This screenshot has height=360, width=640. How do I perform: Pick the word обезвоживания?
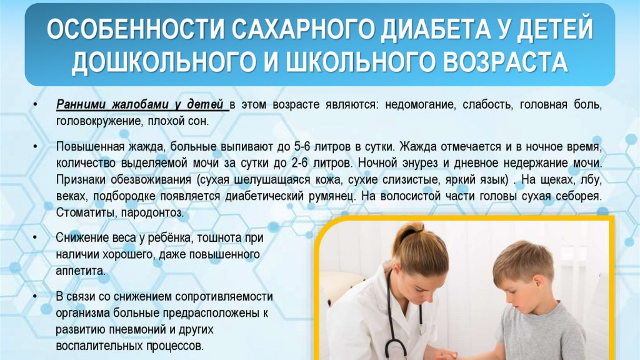pos(151,180)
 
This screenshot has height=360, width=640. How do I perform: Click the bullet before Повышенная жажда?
pos(35,147)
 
